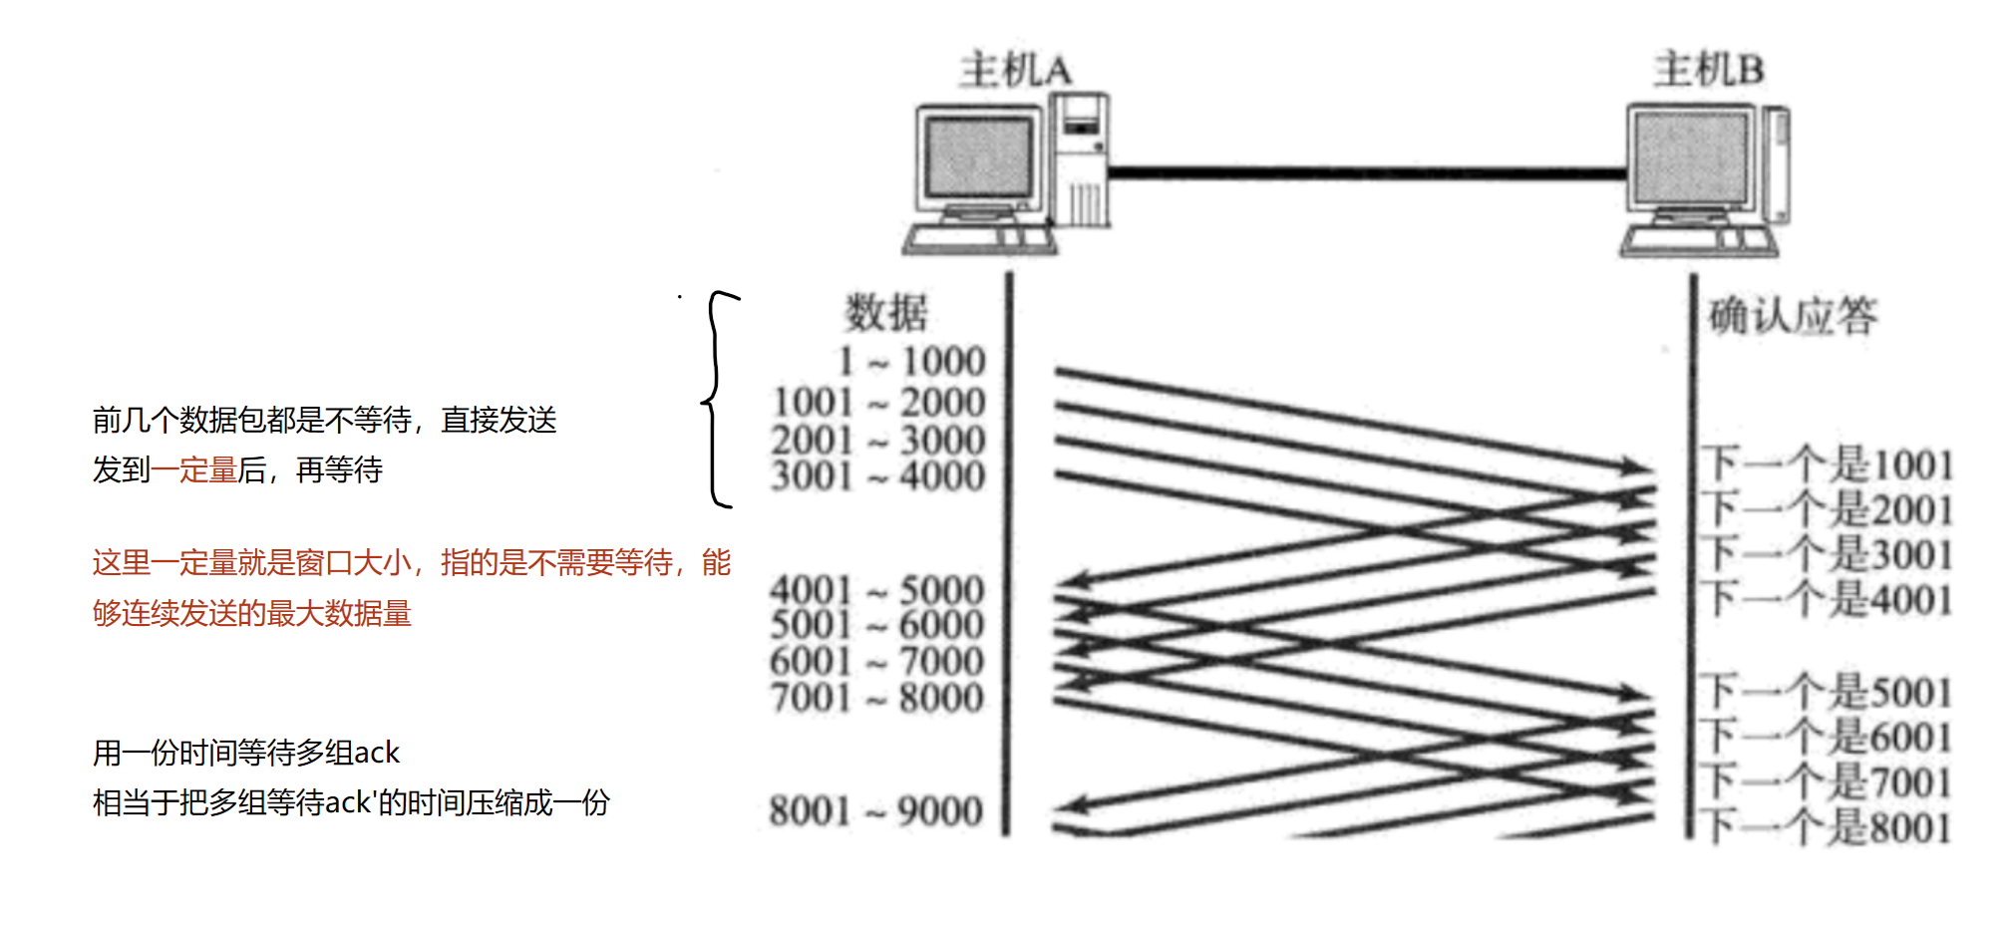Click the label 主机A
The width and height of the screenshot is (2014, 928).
click(1015, 71)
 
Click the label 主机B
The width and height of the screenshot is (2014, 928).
click(1709, 70)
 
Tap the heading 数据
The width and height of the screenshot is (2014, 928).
click(885, 313)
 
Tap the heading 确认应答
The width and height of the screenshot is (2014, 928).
click(1793, 316)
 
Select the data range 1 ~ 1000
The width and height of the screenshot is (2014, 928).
click(911, 361)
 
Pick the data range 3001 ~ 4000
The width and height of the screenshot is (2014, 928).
click(877, 475)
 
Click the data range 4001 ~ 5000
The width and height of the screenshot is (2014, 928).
click(876, 590)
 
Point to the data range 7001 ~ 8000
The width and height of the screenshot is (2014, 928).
click(876, 697)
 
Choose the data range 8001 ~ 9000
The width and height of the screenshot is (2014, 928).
click(875, 810)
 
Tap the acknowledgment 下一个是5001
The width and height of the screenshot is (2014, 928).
click(1826, 691)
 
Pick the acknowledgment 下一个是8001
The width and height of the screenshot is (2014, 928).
click(1826, 826)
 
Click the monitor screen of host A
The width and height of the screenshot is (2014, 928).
click(978, 157)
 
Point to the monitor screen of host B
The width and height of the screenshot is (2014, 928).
click(1691, 157)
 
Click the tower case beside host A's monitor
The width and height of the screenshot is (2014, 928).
click(1081, 159)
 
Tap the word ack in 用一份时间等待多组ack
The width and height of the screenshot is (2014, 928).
click(376, 753)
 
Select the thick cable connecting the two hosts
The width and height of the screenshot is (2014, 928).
click(1366, 173)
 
